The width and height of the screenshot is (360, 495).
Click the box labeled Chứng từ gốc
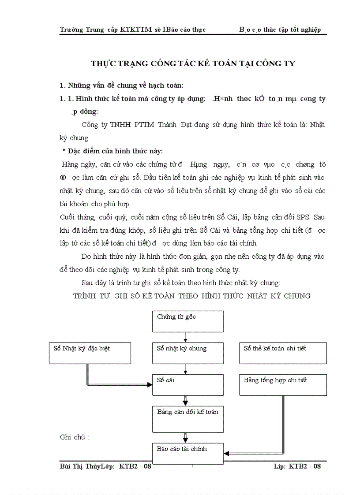pyautogui.click(x=187, y=321)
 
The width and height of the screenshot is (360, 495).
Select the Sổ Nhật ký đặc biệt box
pyautogui.click(x=90, y=353)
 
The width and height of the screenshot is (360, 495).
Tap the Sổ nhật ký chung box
pyautogui.click(x=187, y=353)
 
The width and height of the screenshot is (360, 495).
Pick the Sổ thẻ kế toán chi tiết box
pyautogui.click(x=283, y=353)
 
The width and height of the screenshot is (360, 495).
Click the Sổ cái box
pyautogui.click(x=187, y=385)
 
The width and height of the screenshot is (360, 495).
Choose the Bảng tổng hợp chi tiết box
pyautogui.click(x=283, y=385)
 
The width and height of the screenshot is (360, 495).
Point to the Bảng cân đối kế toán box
pyautogui.click(x=187, y=419)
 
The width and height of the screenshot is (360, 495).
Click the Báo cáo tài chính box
pyautogui.click(x=187, y=453)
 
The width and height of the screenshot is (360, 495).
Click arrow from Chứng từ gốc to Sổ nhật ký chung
pyautogui.click(x=186, y=337)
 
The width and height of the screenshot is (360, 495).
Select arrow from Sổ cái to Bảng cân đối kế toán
pyautogui.click(x=186, y=401)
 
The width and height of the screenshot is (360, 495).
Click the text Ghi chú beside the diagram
pyautogui.click(x=74, y=437)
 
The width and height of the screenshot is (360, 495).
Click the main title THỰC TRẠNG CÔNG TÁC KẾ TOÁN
pyautogui.click(x=193, y=63)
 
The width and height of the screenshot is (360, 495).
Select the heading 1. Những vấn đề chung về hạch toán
pyautogui.click(x=121, y=85)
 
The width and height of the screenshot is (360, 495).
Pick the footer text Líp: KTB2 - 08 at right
pyautogui.click(x=297, y=466)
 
